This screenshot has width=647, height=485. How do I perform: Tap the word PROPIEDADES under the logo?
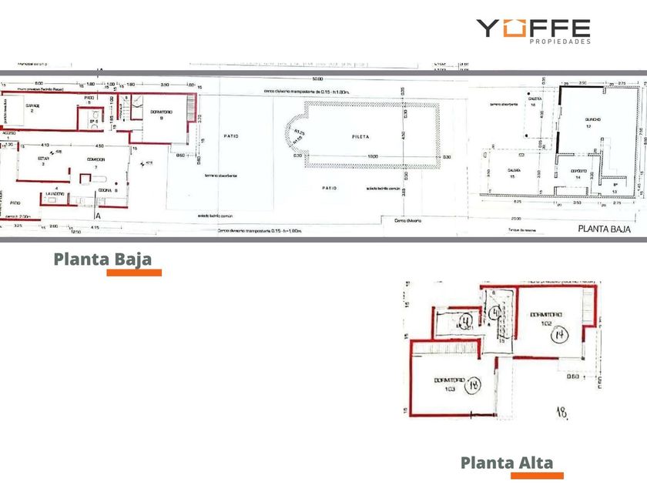tap(561, 42)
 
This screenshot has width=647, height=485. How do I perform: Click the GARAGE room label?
tap(32, 106)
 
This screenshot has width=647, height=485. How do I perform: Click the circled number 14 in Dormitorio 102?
tap(560, 333)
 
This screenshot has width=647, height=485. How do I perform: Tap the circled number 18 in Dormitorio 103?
tap(473, 384)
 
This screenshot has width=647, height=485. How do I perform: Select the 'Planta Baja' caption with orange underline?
tap(102, 259)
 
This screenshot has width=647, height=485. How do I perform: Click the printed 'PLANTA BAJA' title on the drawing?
tap(605, 229)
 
